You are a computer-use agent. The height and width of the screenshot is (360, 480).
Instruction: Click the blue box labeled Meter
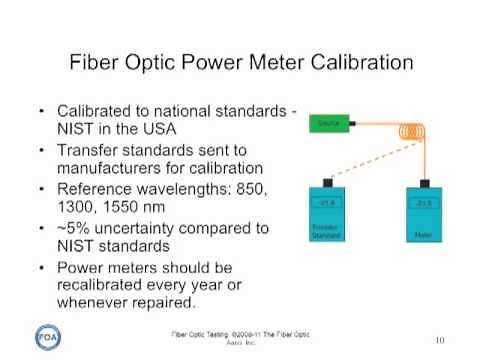coord(423,216)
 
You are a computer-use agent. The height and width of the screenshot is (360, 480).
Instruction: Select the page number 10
coord(439,340)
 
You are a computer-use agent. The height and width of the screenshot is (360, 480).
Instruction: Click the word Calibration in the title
coord(357,62)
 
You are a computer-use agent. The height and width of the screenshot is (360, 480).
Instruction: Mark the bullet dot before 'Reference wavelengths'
coord(39,189)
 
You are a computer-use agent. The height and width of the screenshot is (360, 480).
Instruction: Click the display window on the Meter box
coord(423,202)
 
